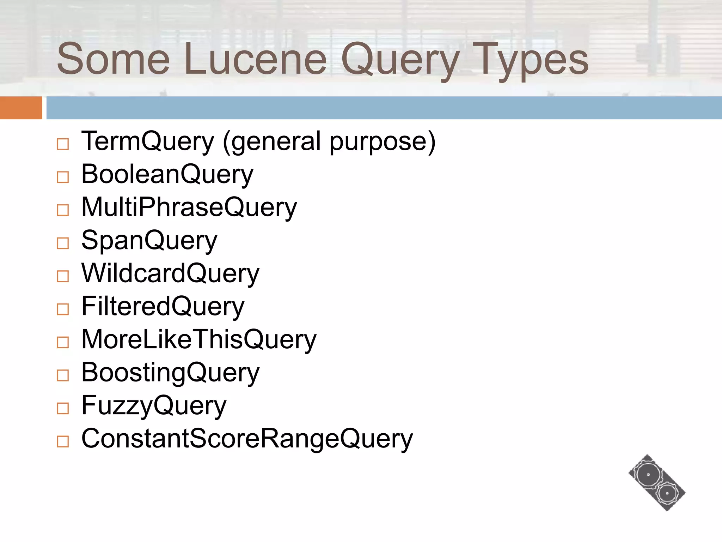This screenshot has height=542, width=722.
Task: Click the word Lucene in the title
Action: click(255, 59)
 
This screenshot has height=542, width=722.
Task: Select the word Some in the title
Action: click(113, 59)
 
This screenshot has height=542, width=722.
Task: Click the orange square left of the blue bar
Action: click(21, 108)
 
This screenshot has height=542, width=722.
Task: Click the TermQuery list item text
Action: click(148, 141)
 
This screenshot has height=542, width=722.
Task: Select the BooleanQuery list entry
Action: click(167, 174)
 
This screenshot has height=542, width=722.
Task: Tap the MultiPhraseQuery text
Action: click(189, 207)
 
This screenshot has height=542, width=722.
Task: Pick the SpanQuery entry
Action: click(149, 240)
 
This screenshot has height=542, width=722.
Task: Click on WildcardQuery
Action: click(170, 273)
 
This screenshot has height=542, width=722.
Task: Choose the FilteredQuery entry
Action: click(163, 306)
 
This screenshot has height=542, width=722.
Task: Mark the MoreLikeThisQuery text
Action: click(199, 339)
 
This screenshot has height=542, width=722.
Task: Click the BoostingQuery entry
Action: click(170, 372)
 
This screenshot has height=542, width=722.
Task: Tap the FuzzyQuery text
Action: click(154, 405)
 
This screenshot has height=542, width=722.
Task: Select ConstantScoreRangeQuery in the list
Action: click(247, 439)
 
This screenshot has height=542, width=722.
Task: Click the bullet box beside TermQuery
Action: click(63, 144)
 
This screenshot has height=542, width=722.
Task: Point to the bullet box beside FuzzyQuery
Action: click(63, 408)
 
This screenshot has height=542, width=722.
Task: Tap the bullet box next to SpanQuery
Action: click(63, 243)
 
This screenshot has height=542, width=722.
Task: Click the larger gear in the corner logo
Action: click(648, 475)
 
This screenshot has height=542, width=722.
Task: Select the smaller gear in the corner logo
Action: click(667, 493)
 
